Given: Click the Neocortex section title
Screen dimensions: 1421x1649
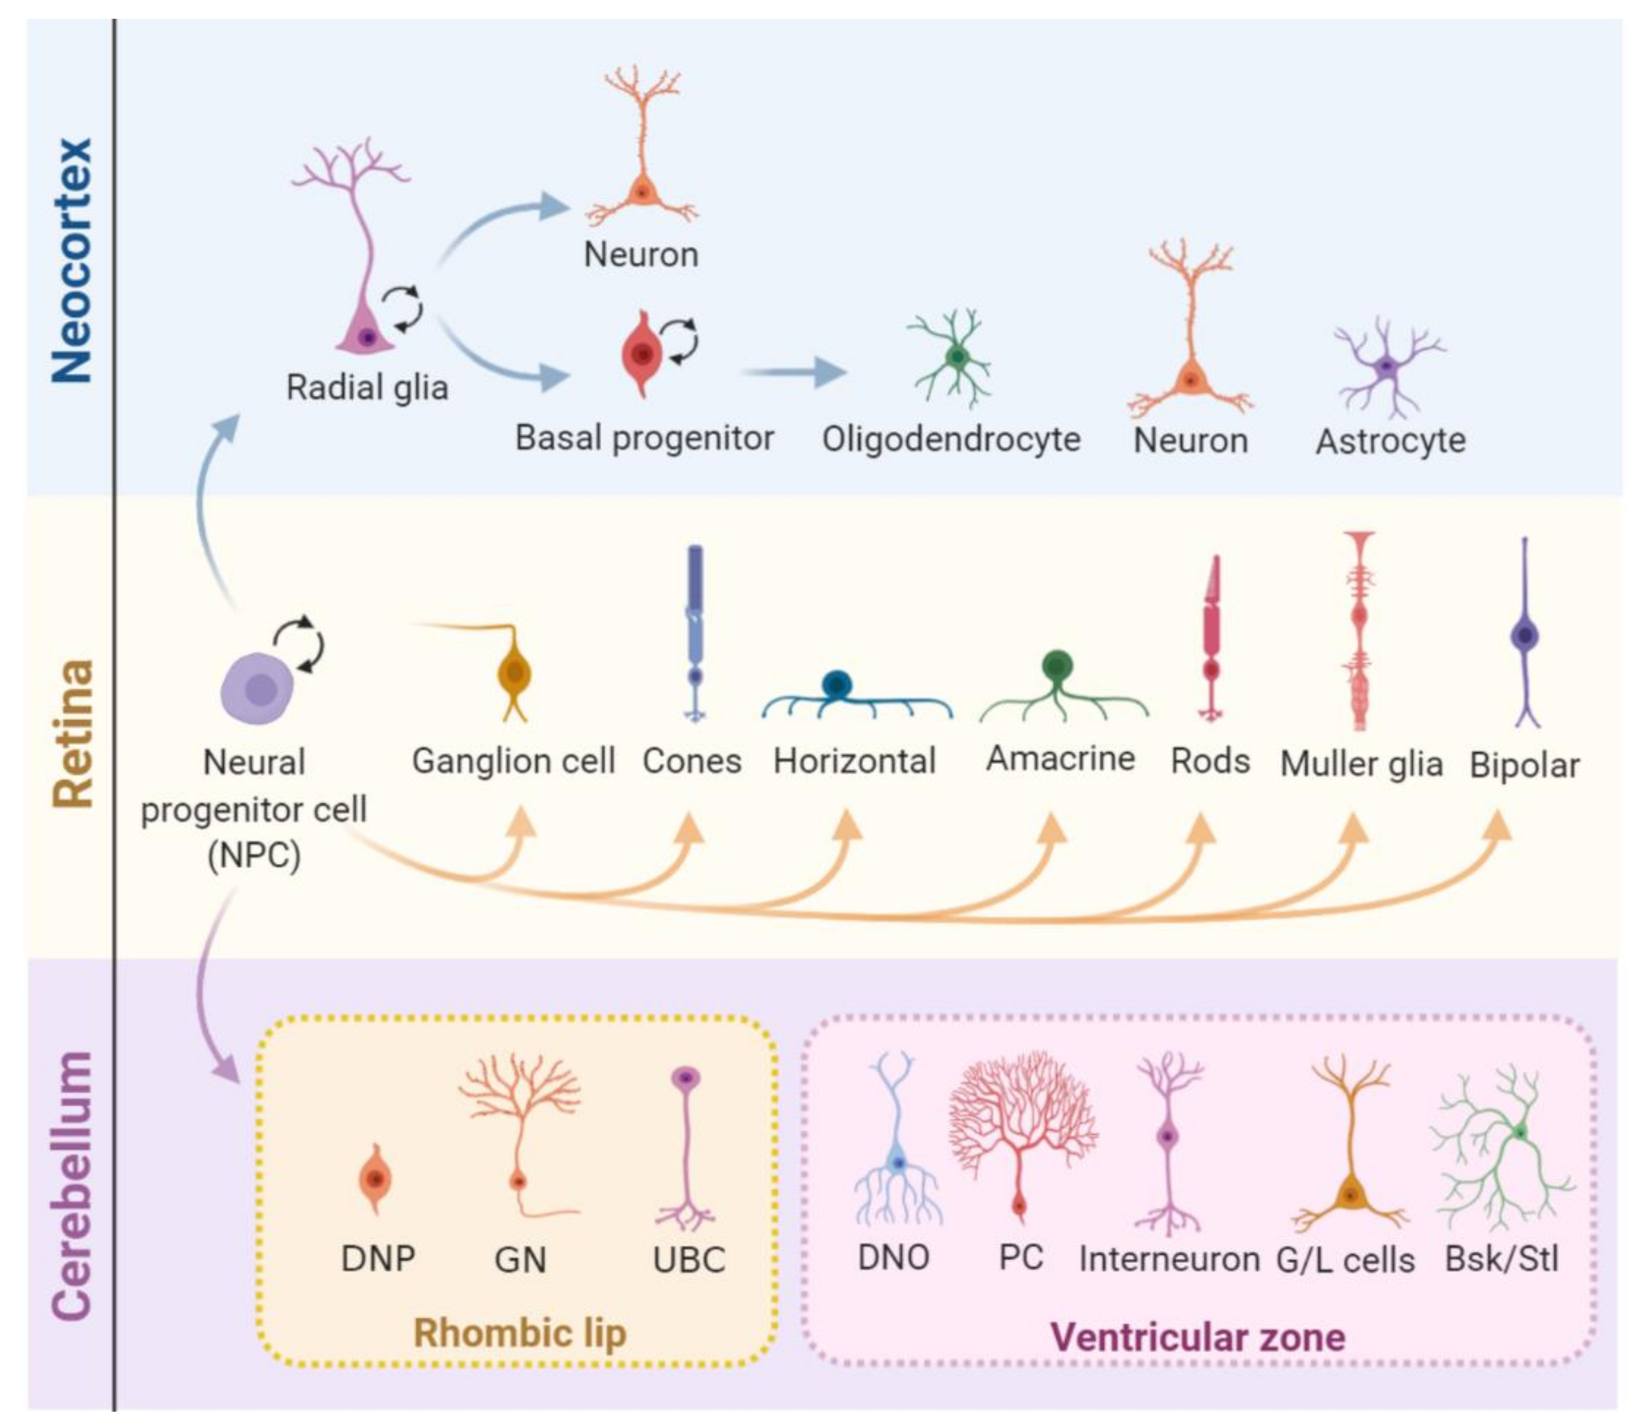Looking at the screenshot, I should pyautogui.click(x=71, y=260).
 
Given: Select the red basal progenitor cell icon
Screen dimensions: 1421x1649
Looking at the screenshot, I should pyautogui.click(x=642, y=353).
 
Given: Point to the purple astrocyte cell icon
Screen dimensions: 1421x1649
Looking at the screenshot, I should pyautogui.click(x=1387, y=368).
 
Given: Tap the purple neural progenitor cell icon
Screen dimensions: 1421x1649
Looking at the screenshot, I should pyautogui.click(x=256, y=688).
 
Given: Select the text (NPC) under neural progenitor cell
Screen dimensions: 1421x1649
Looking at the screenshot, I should pyautogui.click(x=254, y=856).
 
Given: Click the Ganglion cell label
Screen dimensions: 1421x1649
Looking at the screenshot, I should pyautogui.click(x=513, y=760).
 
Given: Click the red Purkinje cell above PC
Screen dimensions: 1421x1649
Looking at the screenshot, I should pyautogui.click(x=1021, y=1130).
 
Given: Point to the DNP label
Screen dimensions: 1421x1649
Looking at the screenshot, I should pyautogui.click(x=377, y=1259).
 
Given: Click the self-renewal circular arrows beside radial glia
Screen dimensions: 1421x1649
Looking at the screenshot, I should pyautogui.click(x=402, y=309).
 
